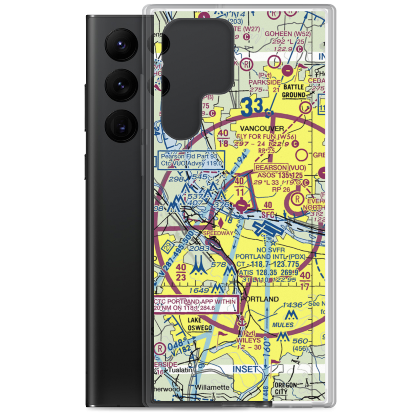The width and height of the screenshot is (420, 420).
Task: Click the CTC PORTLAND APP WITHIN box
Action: [196, 304]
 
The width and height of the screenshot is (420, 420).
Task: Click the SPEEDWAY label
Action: [218, 233]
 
